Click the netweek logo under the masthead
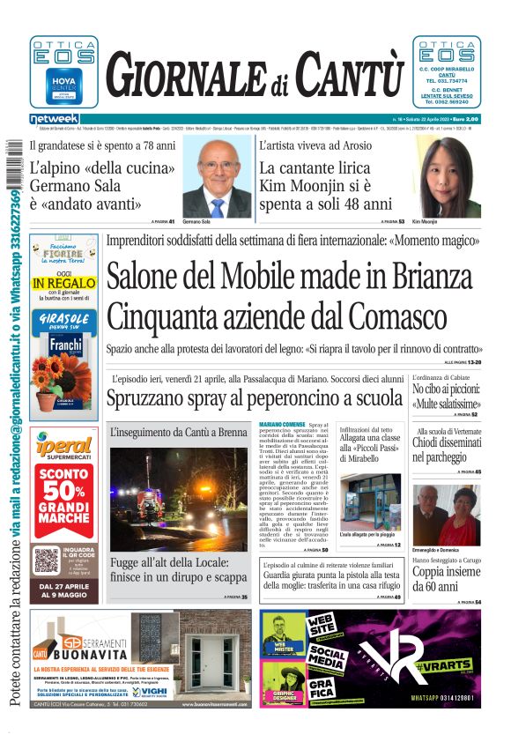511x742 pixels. point(55,118)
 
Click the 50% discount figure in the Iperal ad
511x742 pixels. point(63,491)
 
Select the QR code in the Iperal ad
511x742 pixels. point(47,560)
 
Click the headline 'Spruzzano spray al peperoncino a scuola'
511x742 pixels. point(255,398)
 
